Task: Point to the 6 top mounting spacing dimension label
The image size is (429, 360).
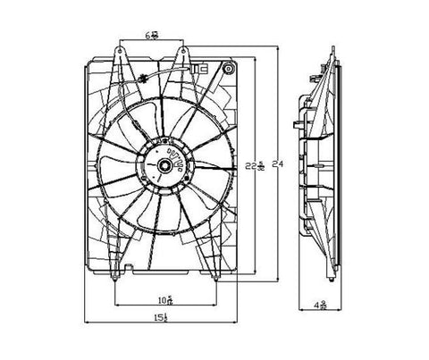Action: point(154,37)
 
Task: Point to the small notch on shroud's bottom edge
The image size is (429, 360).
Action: point(131,267)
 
